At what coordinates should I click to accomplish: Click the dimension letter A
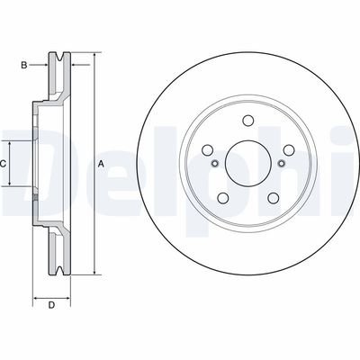pos(102,163)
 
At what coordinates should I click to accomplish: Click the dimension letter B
pos(26,65)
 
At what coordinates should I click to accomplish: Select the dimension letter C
pos(4,164)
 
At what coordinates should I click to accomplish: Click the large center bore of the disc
pos(247,163)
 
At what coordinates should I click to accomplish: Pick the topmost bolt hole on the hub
pos(247,122)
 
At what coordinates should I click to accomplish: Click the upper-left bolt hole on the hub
pos(209,150)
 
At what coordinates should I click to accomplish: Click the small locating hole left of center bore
pos(215,163)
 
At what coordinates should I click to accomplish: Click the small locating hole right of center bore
pos(281,163)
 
